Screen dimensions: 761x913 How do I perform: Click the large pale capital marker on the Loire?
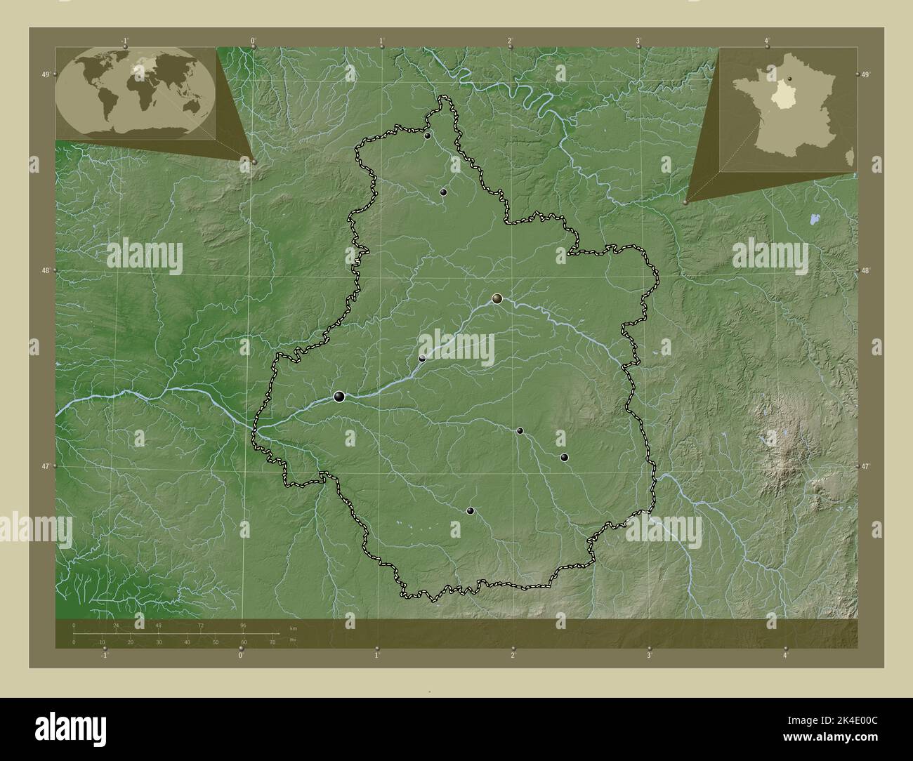point(497,298)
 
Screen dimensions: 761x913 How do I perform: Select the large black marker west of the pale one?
point(339,397)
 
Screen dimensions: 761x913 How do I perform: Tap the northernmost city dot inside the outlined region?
point(427,135)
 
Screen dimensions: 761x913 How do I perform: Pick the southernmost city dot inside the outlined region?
point(470,510)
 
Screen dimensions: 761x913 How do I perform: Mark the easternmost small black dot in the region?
point(564,457)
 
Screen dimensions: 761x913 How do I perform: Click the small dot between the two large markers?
point(421,358)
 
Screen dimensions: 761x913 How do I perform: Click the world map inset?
point(136,93)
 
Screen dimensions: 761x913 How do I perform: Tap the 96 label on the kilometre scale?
point(243,625)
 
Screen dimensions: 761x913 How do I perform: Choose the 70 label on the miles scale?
point(272,642)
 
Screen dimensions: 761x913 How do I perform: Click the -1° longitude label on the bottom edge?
point(105,655)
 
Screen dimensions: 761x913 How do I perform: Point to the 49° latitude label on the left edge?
point(45,74)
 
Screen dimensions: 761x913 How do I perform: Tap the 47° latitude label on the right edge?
point(865,466)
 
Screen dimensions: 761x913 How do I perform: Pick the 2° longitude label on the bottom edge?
point(513,655)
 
